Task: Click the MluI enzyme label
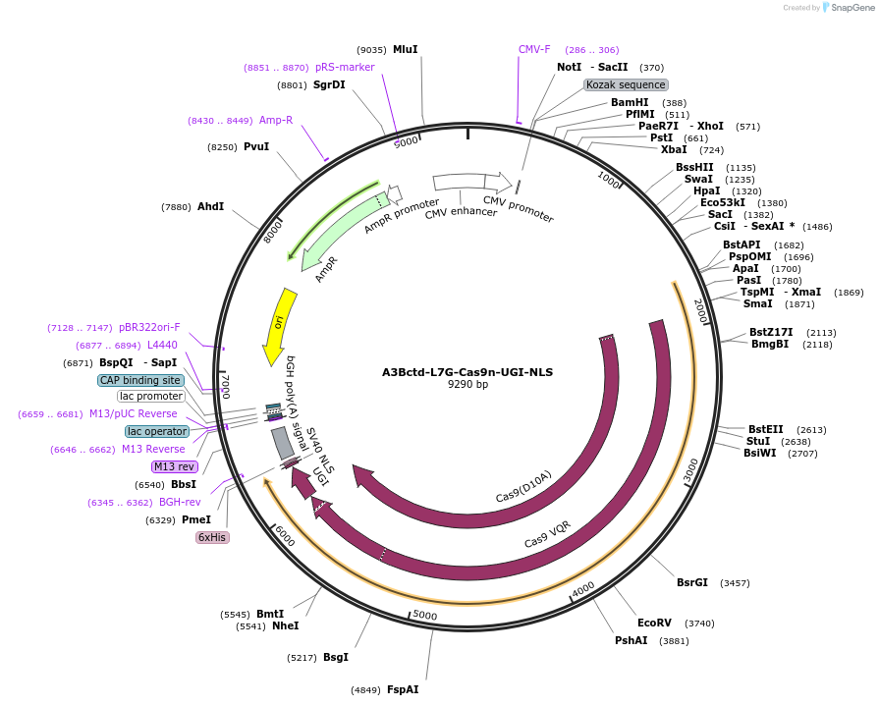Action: pos(406,49)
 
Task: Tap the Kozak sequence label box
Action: pos(627,85)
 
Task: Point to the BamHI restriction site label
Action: pos(630,102)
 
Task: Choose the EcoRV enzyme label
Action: pos(654,623)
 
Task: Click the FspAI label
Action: pos(403,689)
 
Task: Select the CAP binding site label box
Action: pos(140,380)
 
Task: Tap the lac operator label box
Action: pos(156,431)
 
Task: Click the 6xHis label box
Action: pos(212,537)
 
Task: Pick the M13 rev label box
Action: pos(174,466)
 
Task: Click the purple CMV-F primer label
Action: pos(534,49)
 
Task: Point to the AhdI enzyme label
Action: pos(210,206)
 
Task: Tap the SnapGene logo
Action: pos(846,8)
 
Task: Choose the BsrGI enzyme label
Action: pos(691,582)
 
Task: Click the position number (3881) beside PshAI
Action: pos(673,641)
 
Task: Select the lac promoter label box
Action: pos(151,396)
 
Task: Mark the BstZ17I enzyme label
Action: pos(771,332)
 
